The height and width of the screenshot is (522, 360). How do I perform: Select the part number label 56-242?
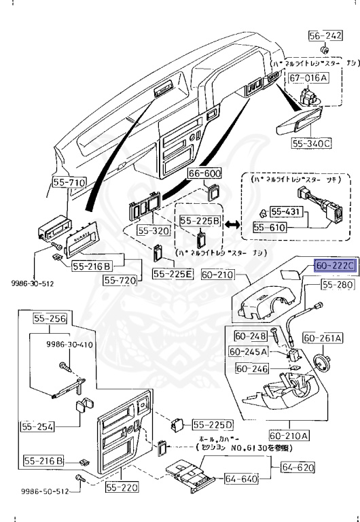tap(325, 36)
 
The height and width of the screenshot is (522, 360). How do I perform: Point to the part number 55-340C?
tap(312, 143)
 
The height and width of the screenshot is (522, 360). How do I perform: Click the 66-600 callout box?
tap(204, 174)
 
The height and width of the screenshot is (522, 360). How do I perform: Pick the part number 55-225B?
tap(199, 221)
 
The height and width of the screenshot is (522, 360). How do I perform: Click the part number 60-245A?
tap(249, 351)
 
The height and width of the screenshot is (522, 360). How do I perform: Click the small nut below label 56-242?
tap(325, 51)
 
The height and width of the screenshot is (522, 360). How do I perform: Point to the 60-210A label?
tap(289, 435)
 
